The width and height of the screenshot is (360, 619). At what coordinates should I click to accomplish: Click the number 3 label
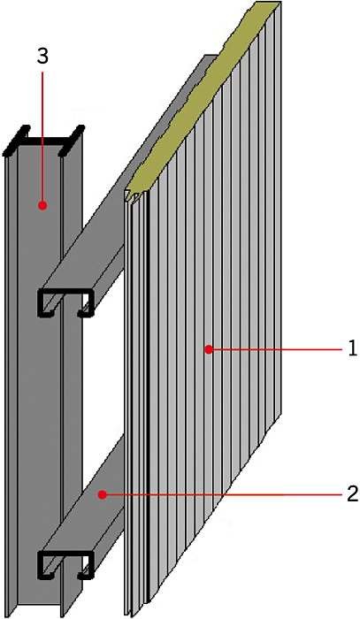coord(42,56)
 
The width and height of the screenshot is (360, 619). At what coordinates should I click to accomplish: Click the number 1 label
coord(353,349)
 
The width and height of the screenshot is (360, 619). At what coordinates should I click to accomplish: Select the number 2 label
coord(353,493)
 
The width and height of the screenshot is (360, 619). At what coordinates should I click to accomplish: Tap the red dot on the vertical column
coord(42,205)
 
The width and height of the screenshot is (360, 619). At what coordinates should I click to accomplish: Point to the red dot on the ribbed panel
coord(210,349)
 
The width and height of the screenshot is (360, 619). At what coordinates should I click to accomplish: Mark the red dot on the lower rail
coord(103,493)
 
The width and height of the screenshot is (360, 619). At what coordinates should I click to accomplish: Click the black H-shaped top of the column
coord(43,140)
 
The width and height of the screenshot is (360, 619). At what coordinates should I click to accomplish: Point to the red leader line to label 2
coord(224,493)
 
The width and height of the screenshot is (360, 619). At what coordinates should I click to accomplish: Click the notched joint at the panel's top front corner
coord(133,195)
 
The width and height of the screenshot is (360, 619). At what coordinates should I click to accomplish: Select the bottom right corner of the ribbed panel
coord(280,414)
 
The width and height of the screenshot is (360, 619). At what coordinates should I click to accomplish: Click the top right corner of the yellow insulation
coord(280,2)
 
